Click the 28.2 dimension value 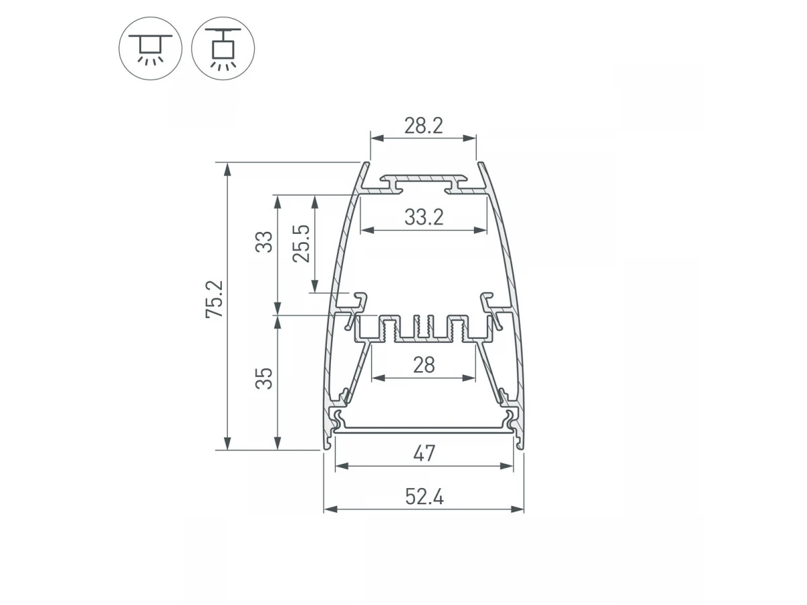424,126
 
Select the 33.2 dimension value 424,217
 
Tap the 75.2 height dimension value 215,299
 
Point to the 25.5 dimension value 301,243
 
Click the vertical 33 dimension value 264,242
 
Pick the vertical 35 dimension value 264,378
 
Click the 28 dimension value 424,365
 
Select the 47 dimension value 424,453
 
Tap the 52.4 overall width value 424,497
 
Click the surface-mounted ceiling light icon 150,48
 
